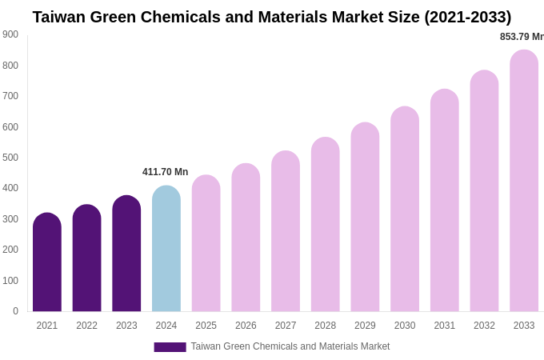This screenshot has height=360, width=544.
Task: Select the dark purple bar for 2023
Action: (126, 254)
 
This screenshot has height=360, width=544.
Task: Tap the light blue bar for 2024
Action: (166, 249)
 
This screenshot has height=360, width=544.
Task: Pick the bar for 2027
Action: (286, 231)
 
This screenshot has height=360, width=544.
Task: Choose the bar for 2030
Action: (405, 209)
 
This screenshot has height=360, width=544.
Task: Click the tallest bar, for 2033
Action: (524, 181)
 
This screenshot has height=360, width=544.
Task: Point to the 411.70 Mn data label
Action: (165, 172)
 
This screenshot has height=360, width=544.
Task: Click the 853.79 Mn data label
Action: (522, 37)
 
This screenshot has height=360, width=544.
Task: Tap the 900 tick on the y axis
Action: (10, 34)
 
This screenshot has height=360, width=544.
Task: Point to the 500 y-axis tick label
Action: (10, 158)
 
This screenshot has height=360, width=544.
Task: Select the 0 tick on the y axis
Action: (15, 311)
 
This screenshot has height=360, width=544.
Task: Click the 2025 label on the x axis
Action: (206, 326)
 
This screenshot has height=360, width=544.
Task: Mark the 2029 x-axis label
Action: (365, 326)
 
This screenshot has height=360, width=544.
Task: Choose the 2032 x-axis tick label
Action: (484, 326)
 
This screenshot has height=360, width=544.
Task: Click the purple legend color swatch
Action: (170, 347)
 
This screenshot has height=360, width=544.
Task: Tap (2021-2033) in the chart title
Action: (467, 17)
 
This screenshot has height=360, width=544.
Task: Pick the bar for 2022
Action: (87, 258)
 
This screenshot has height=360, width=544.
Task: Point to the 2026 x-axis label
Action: (246, 326)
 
